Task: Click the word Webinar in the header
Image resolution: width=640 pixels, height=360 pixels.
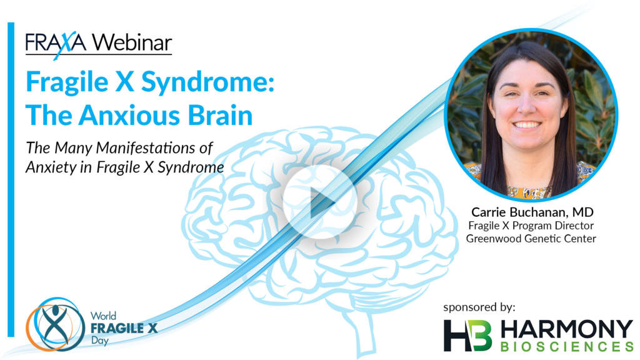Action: tap(132, 42)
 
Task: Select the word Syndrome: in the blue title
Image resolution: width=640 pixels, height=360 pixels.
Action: tap(207, 82)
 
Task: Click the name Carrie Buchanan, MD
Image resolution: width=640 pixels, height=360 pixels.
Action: tap(532, 212)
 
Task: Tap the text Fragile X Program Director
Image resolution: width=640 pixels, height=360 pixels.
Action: tap(531, 226)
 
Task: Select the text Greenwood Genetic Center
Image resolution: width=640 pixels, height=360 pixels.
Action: tap(531, 238)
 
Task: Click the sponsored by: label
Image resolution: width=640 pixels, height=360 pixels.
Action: tap(479, 307)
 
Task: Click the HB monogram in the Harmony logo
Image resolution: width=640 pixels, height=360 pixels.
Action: tap(467, 336)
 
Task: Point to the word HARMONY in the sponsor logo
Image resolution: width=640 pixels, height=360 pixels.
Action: tap(567, 329)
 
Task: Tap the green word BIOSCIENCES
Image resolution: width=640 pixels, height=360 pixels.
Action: tap(567, 346)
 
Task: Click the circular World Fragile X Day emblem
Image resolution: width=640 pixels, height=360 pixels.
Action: tap(55, 324)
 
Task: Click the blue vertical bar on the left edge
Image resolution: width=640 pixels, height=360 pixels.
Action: tap(11, 179)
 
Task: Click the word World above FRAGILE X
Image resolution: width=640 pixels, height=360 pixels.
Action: tap(103, 316)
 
